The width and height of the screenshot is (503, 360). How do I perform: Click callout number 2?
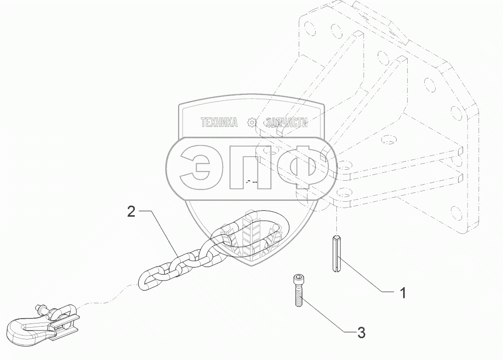click(x=131, y=212)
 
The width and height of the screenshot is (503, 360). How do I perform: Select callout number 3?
click(x=361, y=332)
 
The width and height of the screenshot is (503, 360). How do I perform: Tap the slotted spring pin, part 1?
click(x=336, y=253)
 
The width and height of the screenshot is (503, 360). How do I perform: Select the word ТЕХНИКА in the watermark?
click(x=219, y=122)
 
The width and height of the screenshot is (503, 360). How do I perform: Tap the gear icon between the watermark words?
click(x=252, y=122)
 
